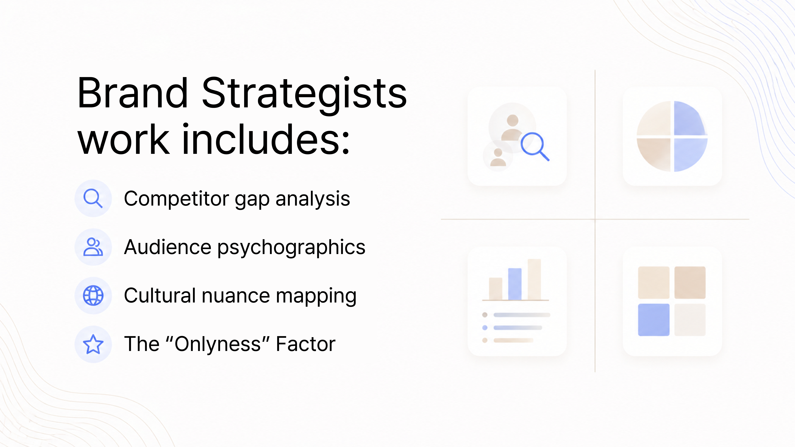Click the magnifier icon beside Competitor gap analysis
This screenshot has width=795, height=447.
click(x=93, y=198)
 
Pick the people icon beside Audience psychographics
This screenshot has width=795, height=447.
click(x=93, y=247)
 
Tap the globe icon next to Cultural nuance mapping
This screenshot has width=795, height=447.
click(x=93, y=296)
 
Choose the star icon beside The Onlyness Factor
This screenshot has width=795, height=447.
click(x=93, y=344)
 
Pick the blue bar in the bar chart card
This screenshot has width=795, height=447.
click(x=515, y=284)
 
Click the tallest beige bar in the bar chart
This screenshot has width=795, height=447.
click(x=534, y=279)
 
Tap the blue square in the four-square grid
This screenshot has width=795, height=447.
click(x=654, y=320)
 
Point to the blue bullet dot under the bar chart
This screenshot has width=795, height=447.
click(x=485, y=328)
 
